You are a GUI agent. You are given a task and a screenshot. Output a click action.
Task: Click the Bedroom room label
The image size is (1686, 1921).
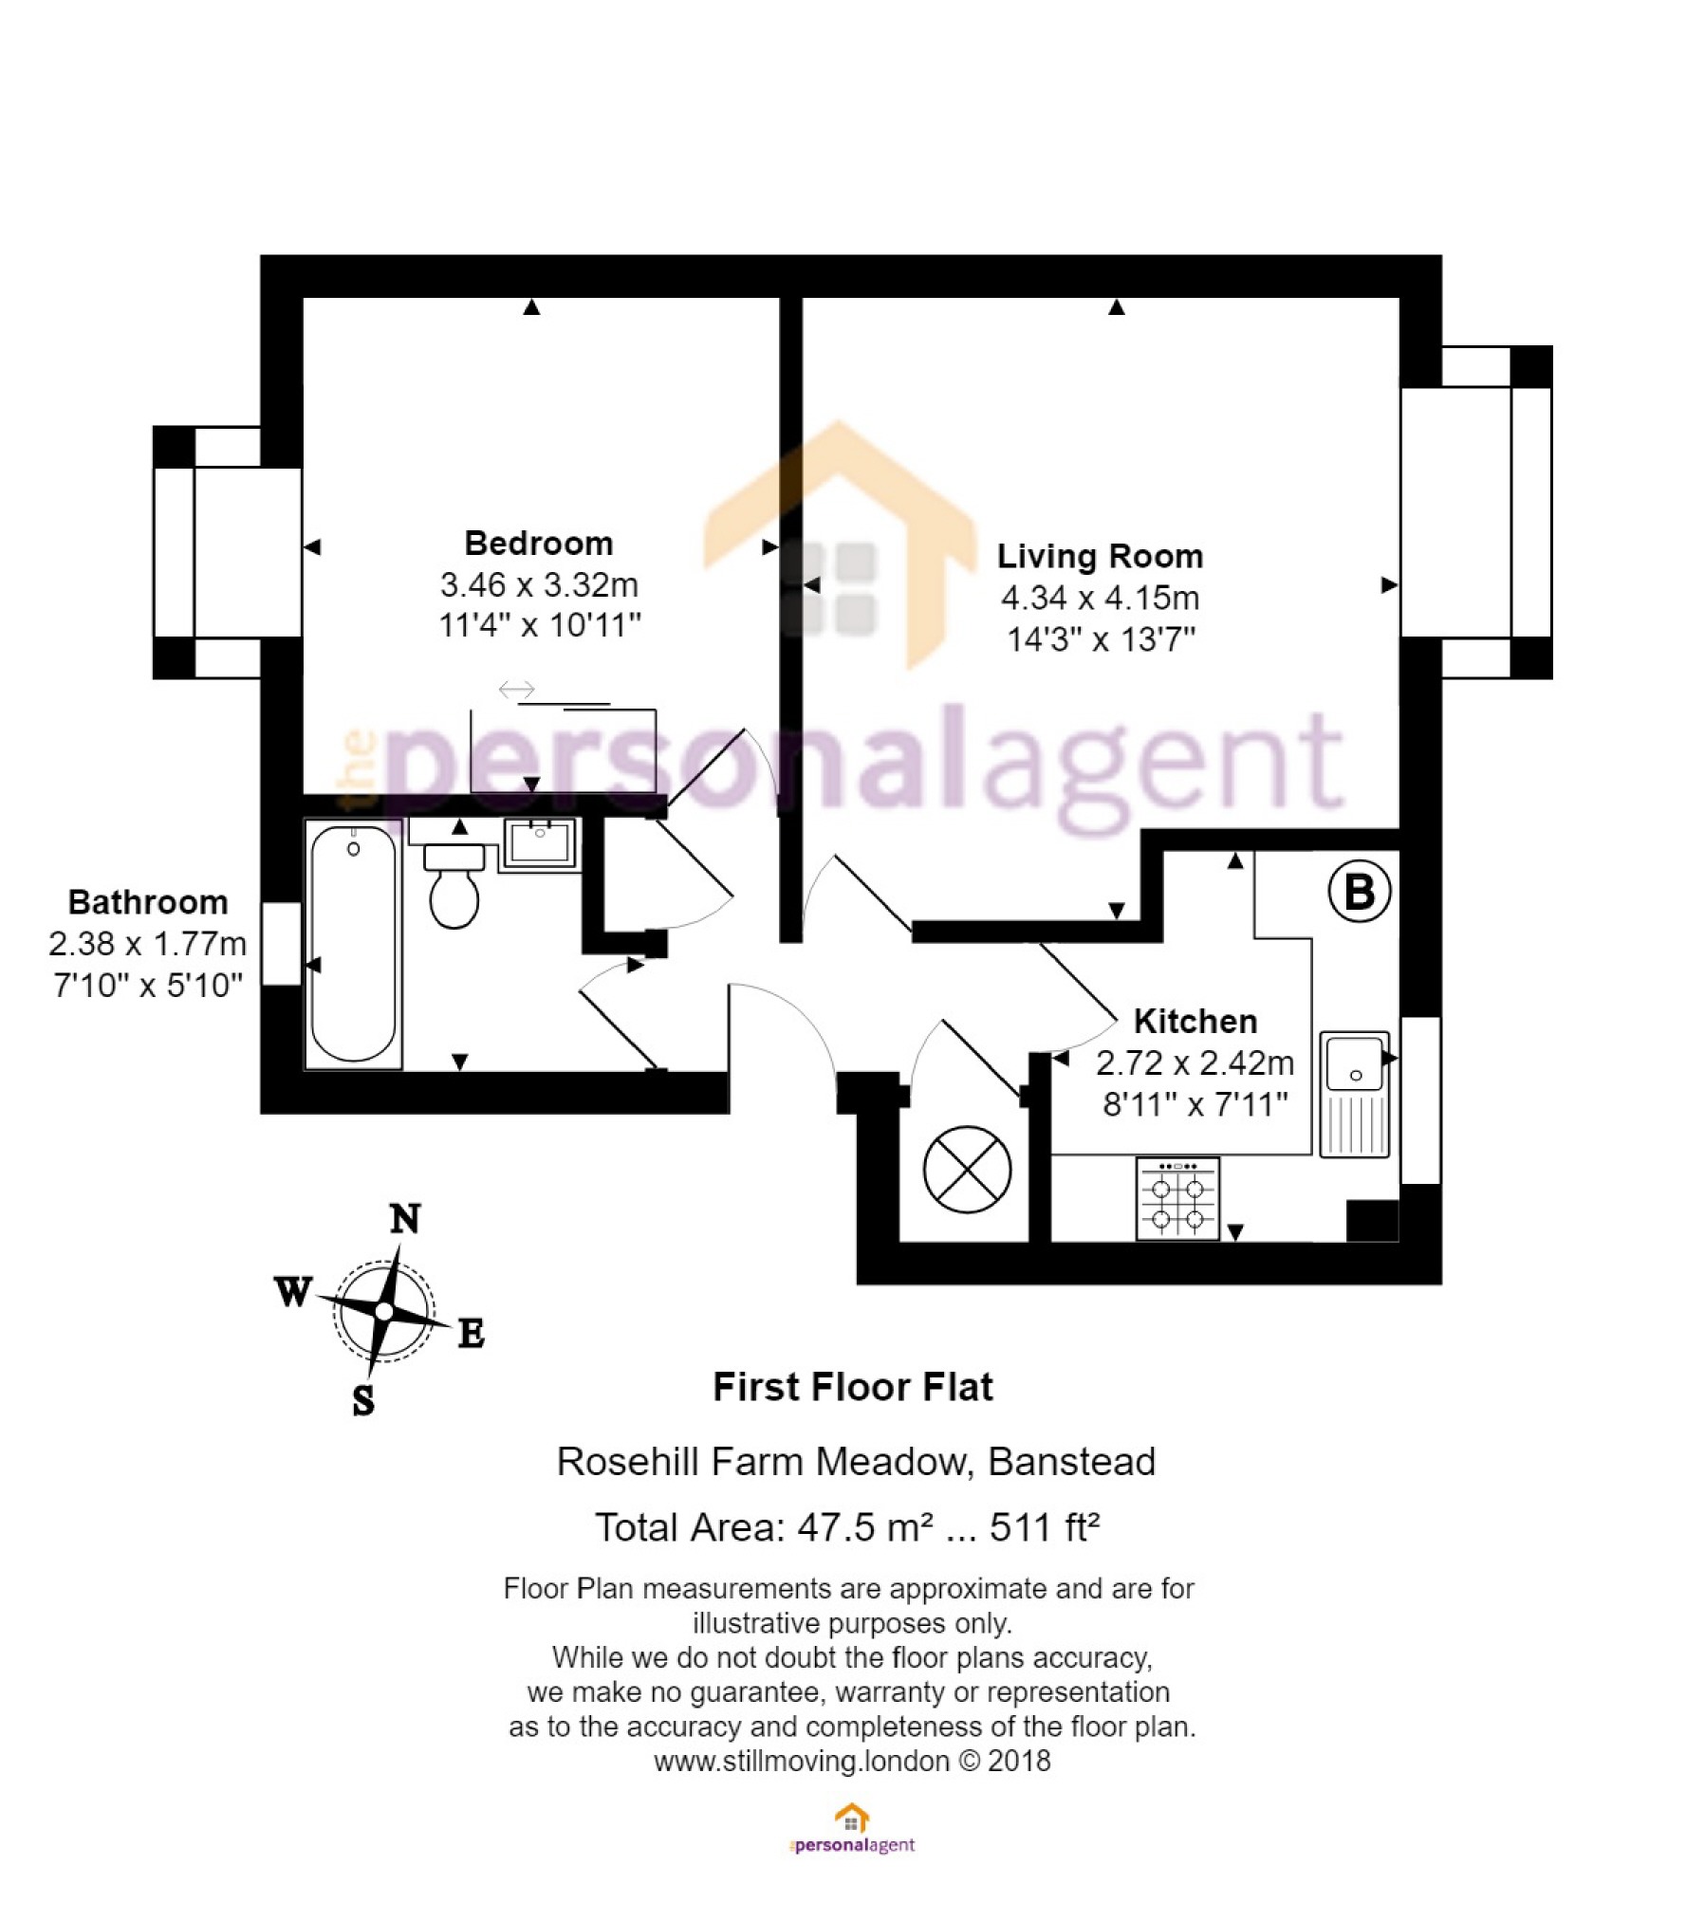point(538,544)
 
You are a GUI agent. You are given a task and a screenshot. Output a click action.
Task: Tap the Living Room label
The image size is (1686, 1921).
point(1100,556)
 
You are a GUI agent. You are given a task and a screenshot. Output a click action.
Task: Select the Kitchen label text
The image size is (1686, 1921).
point(1195,1022)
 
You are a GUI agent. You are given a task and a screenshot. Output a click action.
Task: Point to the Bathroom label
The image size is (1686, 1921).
point(148,902)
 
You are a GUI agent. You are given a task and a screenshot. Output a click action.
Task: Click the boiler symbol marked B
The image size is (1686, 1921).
point(1360,892)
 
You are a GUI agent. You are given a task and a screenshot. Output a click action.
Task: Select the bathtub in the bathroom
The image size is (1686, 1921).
point(353,944)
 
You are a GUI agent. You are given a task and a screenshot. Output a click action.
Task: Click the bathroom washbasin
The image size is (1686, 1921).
point(540,842)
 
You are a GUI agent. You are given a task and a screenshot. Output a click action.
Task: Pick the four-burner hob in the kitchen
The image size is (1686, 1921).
point(1177,1199)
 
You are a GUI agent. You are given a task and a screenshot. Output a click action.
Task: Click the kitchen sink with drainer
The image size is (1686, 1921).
point(1355,1095)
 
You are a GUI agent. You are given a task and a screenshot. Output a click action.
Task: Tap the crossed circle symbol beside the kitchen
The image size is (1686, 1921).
point(967,1170)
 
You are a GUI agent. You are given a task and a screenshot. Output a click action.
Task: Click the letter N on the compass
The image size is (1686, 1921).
point(405,1219)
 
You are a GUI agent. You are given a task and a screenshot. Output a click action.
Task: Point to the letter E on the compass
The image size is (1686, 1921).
point(472,1334)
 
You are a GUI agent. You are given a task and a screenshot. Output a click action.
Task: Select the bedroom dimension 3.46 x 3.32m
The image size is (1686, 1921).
point(539,585)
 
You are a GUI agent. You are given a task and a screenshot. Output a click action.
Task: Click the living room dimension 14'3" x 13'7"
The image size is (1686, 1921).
point(1101,639)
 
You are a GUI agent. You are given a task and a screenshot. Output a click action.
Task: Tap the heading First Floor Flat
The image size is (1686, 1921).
point(853,1387)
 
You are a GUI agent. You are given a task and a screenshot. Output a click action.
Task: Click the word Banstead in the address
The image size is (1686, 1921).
point(1072,1462)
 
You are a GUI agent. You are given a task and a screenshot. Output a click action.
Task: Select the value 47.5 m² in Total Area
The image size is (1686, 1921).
point(864,1528)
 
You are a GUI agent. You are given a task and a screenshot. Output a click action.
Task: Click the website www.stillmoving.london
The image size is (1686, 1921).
point(802,1762)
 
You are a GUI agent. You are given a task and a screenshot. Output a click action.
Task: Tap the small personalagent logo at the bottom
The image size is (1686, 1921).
point(852,1830)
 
